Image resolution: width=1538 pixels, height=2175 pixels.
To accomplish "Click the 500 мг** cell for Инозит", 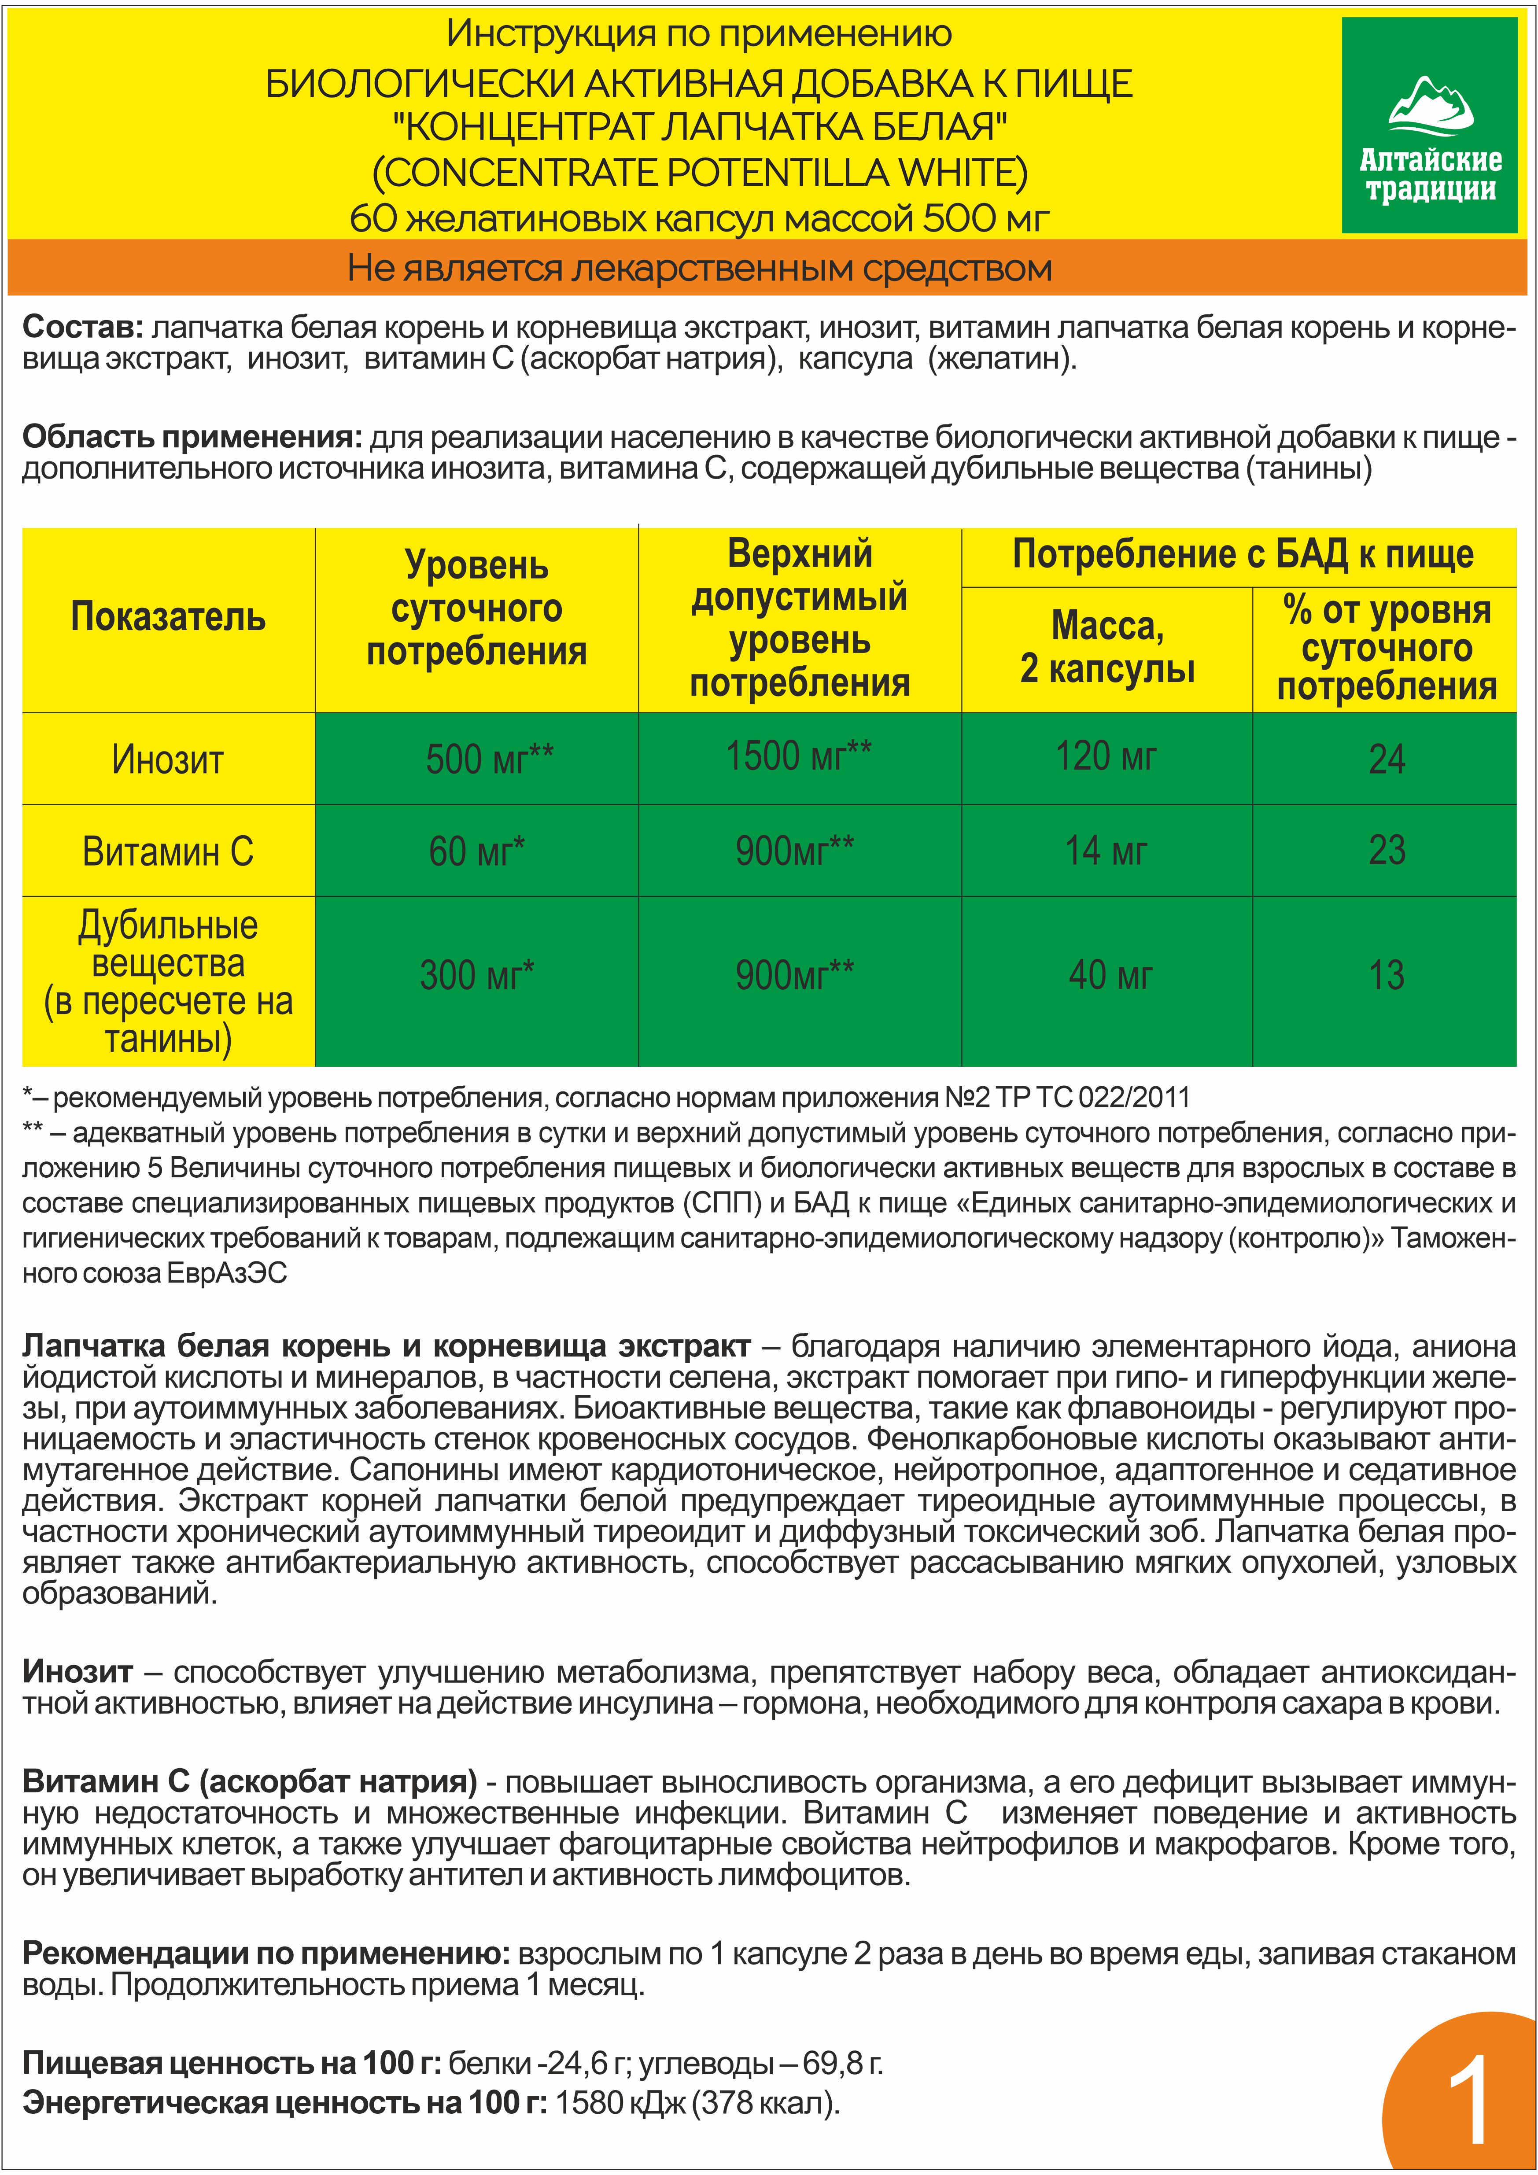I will point(477,759).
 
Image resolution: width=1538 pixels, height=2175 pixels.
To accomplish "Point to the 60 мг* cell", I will point(477,851).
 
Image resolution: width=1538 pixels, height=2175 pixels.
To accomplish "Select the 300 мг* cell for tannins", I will point(477,975).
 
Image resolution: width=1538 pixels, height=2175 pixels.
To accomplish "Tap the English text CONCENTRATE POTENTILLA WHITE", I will point(699,173).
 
